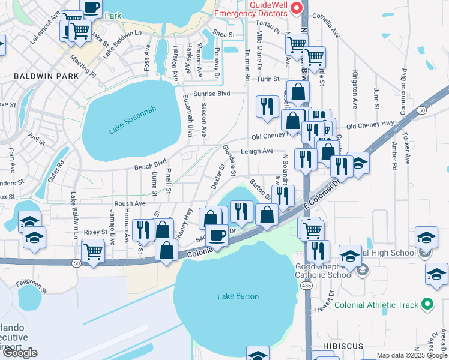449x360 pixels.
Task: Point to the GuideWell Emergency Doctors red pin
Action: point(295,8)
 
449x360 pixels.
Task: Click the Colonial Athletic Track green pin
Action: point(427,305)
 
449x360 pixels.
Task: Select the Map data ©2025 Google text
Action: point(411,355)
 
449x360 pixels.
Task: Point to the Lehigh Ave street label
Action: point(257,151)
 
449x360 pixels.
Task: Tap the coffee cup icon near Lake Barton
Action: point(217,233)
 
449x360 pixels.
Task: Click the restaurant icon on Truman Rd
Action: point(267,106)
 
